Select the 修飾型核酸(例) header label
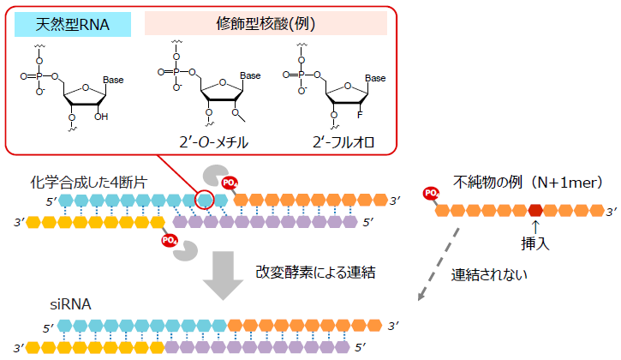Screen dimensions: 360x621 pyautogui.click(x=266, y=24)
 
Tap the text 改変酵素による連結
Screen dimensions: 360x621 pyautogui.click(x=314, y=272)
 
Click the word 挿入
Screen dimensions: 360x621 pyautogui.click(x=534, y=244)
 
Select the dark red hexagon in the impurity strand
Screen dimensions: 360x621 pyautogui.click(x=535, y=210)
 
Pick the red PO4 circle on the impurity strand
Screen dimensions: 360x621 pyautogui.click(x=431, y=195)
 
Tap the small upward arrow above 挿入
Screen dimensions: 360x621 pyautogui.click(x=534, y=227)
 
